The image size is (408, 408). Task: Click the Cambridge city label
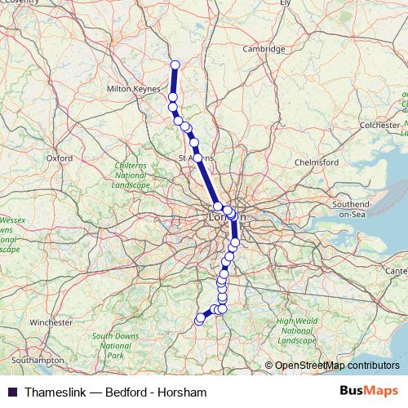[264, 49]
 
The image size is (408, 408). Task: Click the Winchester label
[51, 322]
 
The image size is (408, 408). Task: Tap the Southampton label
[38, 359]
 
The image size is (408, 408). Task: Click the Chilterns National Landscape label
[131, 175]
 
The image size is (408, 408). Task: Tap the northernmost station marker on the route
[174, 65]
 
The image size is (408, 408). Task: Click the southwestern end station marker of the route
[198, 320]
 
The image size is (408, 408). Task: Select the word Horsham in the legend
[183, 392]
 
